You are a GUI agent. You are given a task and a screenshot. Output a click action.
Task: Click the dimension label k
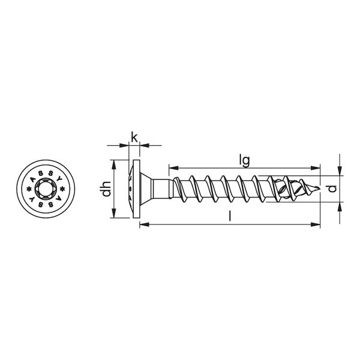(134, 137)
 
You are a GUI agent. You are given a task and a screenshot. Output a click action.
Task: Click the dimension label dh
(107, 189)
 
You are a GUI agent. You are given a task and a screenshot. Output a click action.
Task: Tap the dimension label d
(332, 188)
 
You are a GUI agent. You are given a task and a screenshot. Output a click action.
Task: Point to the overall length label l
(230, 216)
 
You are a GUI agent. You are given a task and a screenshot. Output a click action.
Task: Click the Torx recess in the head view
(46, 189)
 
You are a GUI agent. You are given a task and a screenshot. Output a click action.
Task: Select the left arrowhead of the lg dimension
(173, 168)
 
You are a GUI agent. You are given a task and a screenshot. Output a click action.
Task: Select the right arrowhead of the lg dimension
(315, 168)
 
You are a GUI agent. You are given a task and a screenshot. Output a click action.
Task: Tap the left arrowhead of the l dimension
(145, 224)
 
